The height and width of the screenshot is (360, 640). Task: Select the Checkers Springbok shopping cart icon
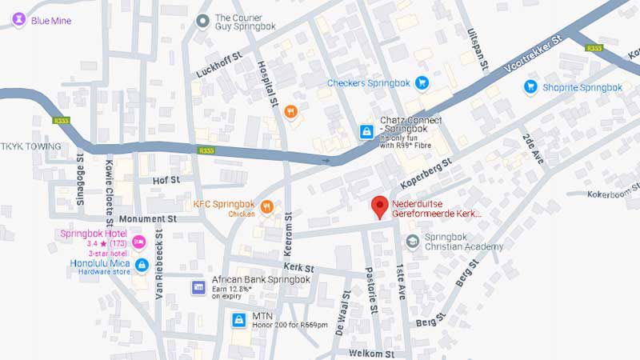pos(422,83)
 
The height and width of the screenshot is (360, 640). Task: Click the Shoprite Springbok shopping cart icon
pos(530,87)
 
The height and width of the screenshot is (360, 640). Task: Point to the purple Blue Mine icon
pos(18,20)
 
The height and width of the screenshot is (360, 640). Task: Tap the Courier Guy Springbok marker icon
pos(203,20)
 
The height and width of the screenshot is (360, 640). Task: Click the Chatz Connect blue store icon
pos(366,131)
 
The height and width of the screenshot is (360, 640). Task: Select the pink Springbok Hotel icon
pos(138,240)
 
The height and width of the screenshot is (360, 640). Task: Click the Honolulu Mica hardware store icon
pos(142,265)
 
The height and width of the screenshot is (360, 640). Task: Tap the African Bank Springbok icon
pos(198,286)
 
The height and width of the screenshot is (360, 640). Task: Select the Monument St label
pos(148,218)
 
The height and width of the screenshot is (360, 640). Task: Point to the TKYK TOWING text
pos(30,146)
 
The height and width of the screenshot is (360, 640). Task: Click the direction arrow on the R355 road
pos(326,161)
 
